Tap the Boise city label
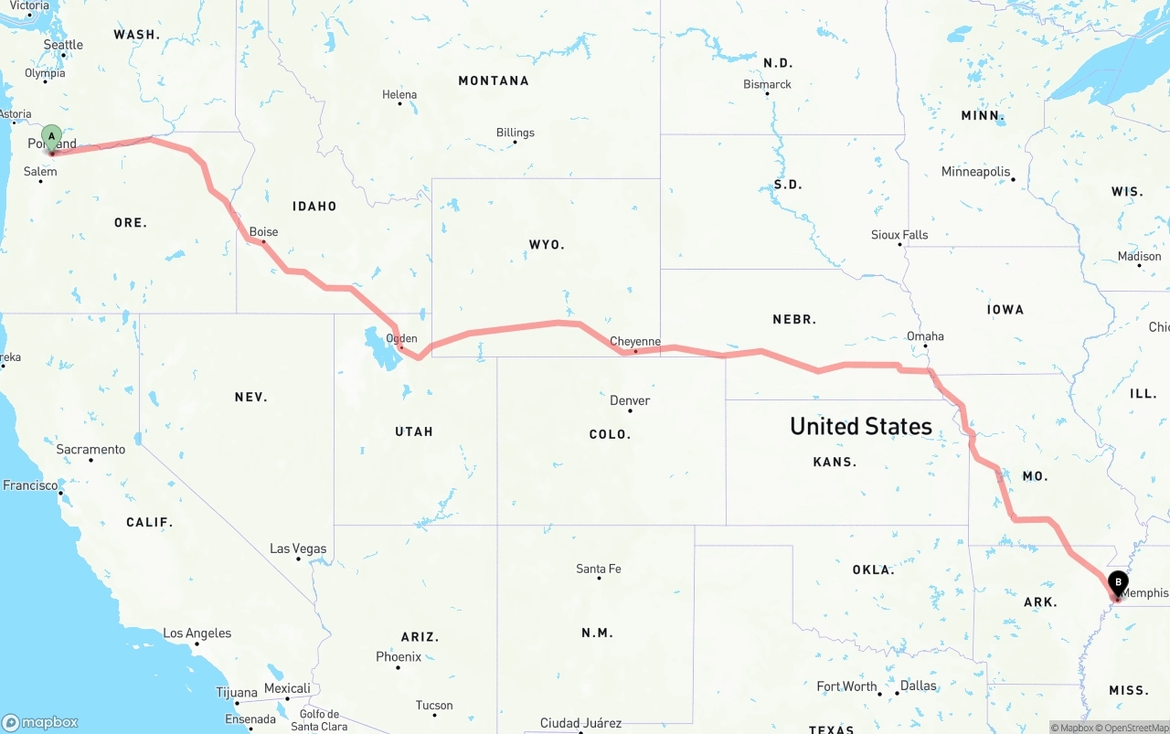[x=263, y=232]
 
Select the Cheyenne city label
[x=635, y=341]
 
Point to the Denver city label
[x=630, y=400]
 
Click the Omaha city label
[x=925, y=335]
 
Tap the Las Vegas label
[x=298, y=548]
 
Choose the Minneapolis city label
[x=976, y=171]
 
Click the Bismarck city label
[x=767, y=84]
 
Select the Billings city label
[x=515, y=133]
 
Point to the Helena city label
[x=399, y=94]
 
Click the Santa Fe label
[x=599, y=569]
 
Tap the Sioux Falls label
[x=899, y=235]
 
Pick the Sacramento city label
[x=90, y=450]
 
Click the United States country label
[x=861, y=426]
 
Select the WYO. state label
[x=547, y=244]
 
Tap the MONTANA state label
[x=494, y=80]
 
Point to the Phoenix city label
[x=399, y=656]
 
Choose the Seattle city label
[x=63, y=45]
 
